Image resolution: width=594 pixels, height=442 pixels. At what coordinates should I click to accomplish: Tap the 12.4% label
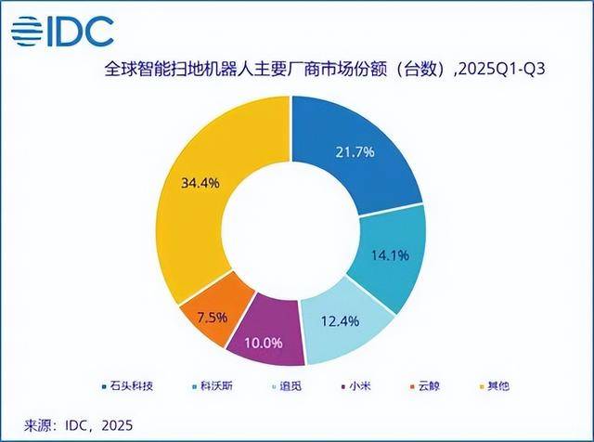point(341,320)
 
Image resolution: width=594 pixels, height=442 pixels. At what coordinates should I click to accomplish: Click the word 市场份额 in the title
point(359,68)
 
